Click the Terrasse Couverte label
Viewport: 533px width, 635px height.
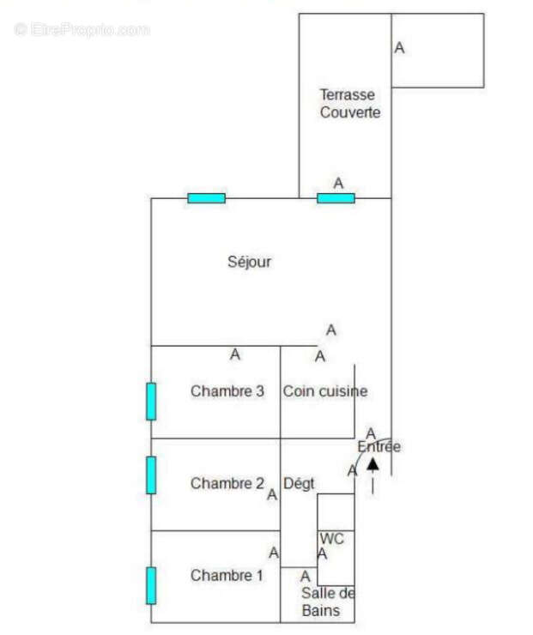coord(348,103)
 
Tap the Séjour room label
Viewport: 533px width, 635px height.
coord(250,262)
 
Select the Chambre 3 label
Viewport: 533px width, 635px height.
coord(227,391)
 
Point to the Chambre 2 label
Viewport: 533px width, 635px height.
coord(227,483)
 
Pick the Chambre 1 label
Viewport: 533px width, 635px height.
coord(227,575)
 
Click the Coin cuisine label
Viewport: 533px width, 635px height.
coord(325,391)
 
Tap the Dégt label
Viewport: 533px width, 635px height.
coord(299,483)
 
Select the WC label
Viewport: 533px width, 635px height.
coord(332,539)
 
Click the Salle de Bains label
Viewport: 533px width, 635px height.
coord(327,602)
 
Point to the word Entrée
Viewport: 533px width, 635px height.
coord(379,447)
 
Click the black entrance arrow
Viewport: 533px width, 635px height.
coord(372,465)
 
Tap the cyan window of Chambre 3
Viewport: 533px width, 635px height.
coord(151,401)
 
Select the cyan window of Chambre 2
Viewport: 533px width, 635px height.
coord(151,475)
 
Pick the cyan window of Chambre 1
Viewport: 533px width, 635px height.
coord(151,585)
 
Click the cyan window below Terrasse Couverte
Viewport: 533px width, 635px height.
coord(336,198)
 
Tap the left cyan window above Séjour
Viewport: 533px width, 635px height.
coord(206,198)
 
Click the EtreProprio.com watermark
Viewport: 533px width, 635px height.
coord(82,29)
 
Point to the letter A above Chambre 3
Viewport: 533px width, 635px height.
coord(235,354)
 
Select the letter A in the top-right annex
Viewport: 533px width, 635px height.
coord(399,48)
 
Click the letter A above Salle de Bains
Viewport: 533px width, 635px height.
coord(305,577)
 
